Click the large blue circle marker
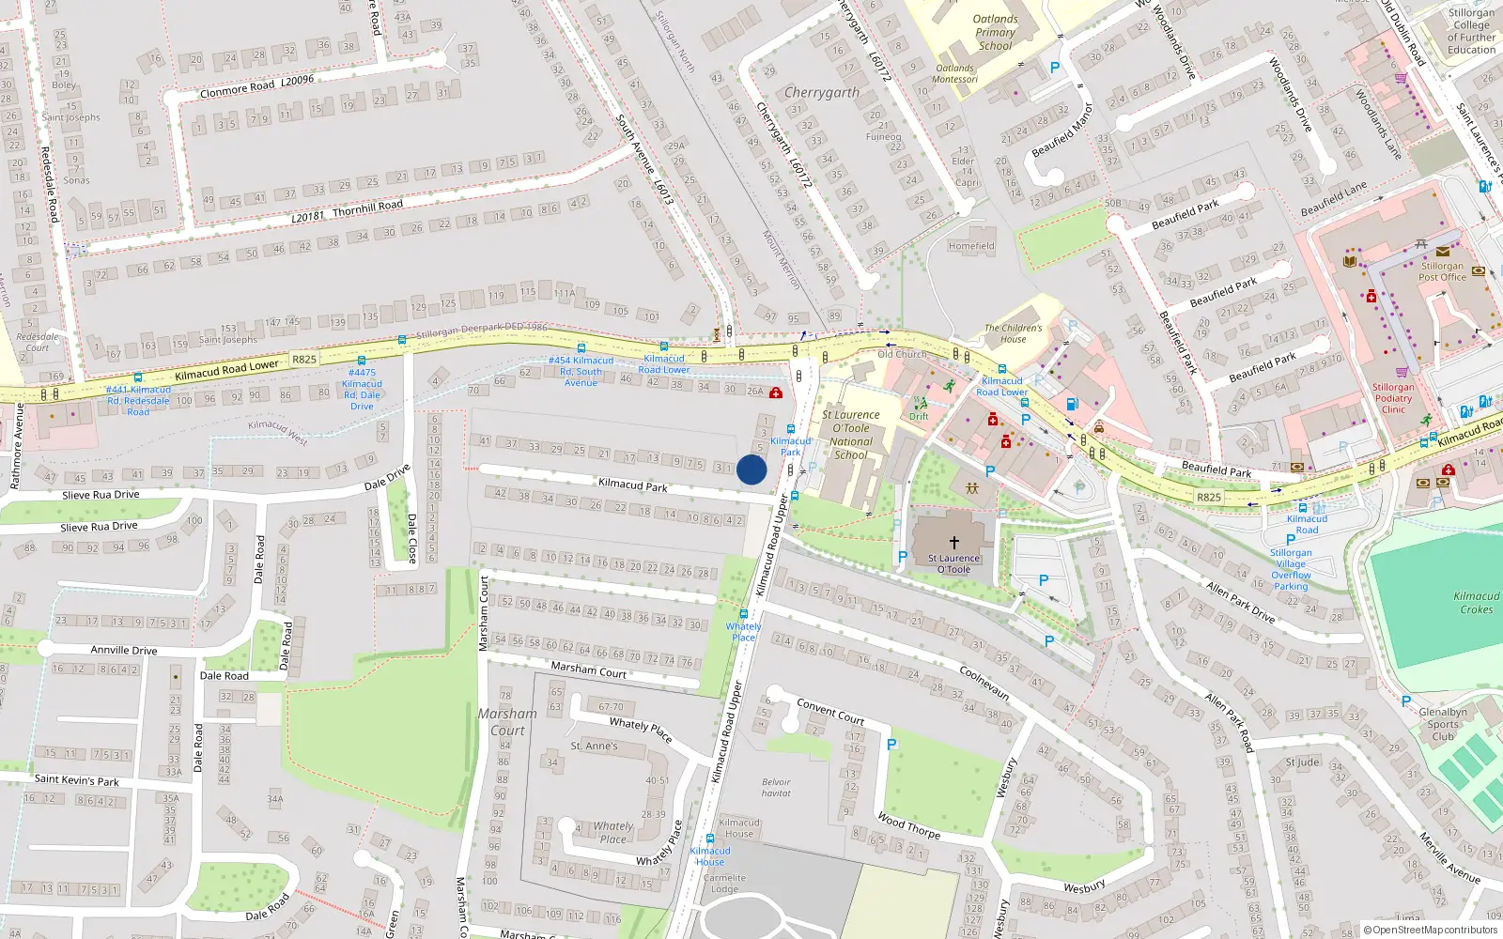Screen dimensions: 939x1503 click(x=751, y=469)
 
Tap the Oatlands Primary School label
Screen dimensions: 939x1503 click(x=995, y=32)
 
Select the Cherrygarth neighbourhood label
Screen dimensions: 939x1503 click(x=821, y=92)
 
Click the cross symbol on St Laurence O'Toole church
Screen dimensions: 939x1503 click(x=953, y=542)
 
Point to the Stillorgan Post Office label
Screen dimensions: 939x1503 click(x=1442, y=271)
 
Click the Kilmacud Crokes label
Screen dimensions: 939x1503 click(x=1476, y=603)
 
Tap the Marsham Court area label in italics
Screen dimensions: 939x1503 click(x=507, y=721)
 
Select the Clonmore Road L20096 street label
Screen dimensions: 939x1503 click(x=256, y=85)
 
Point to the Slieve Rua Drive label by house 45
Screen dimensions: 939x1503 click(x=101, y=495)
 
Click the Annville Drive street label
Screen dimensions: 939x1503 click(x=123, y=650)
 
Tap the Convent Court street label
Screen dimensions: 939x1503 click(x=829, y=712)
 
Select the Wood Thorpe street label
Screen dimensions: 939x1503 click(x=908, y=824)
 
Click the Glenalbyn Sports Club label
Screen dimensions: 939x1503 click(x=1443, y=724)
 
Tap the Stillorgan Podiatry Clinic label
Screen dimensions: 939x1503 click(x=1392, y=398)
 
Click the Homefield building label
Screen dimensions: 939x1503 click(x=970, y=246)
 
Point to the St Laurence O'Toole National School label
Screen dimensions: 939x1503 click(x=851, y=435)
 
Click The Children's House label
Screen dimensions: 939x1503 click(x=1013, y=333)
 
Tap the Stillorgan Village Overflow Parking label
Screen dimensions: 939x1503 click(x=1291, y=569)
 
